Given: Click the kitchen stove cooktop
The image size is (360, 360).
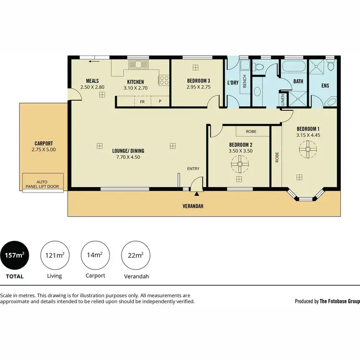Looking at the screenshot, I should coord(164,80).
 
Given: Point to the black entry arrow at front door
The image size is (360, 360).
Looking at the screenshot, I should coord(196,193).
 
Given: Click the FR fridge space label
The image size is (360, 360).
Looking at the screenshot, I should coord(142,102).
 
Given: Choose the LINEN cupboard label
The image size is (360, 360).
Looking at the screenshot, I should coord(283,100).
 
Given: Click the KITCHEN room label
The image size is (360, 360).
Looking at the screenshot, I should coord(135,82).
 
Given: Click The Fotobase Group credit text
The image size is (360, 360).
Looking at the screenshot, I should coord(327,301).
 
